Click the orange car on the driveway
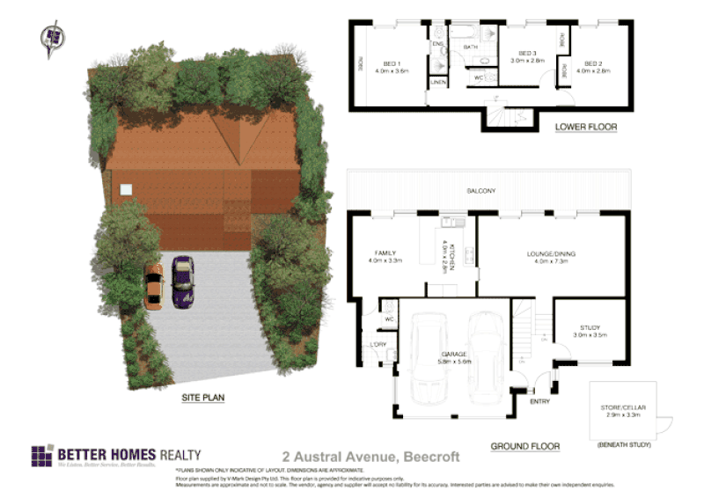(x=153, y=285)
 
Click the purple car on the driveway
(x=182, y=282)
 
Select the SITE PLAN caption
(x=203, y=398)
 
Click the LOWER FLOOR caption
(x=586, y=127)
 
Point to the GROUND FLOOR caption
(x=524, y=446)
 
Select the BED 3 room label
(x=527, y=54)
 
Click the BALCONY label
(x=481, y=191)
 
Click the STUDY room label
(x=589, y=327)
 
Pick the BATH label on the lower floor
(x=470, y=47)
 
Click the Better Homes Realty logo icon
(x=41, y=457)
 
